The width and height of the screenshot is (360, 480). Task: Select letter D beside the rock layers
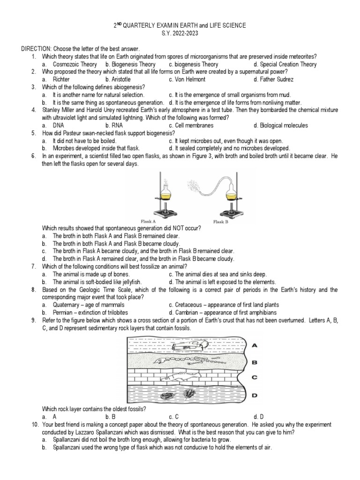point(255,395)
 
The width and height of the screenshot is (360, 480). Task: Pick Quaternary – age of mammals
point(87,305)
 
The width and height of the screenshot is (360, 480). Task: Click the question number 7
point(34,266)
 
